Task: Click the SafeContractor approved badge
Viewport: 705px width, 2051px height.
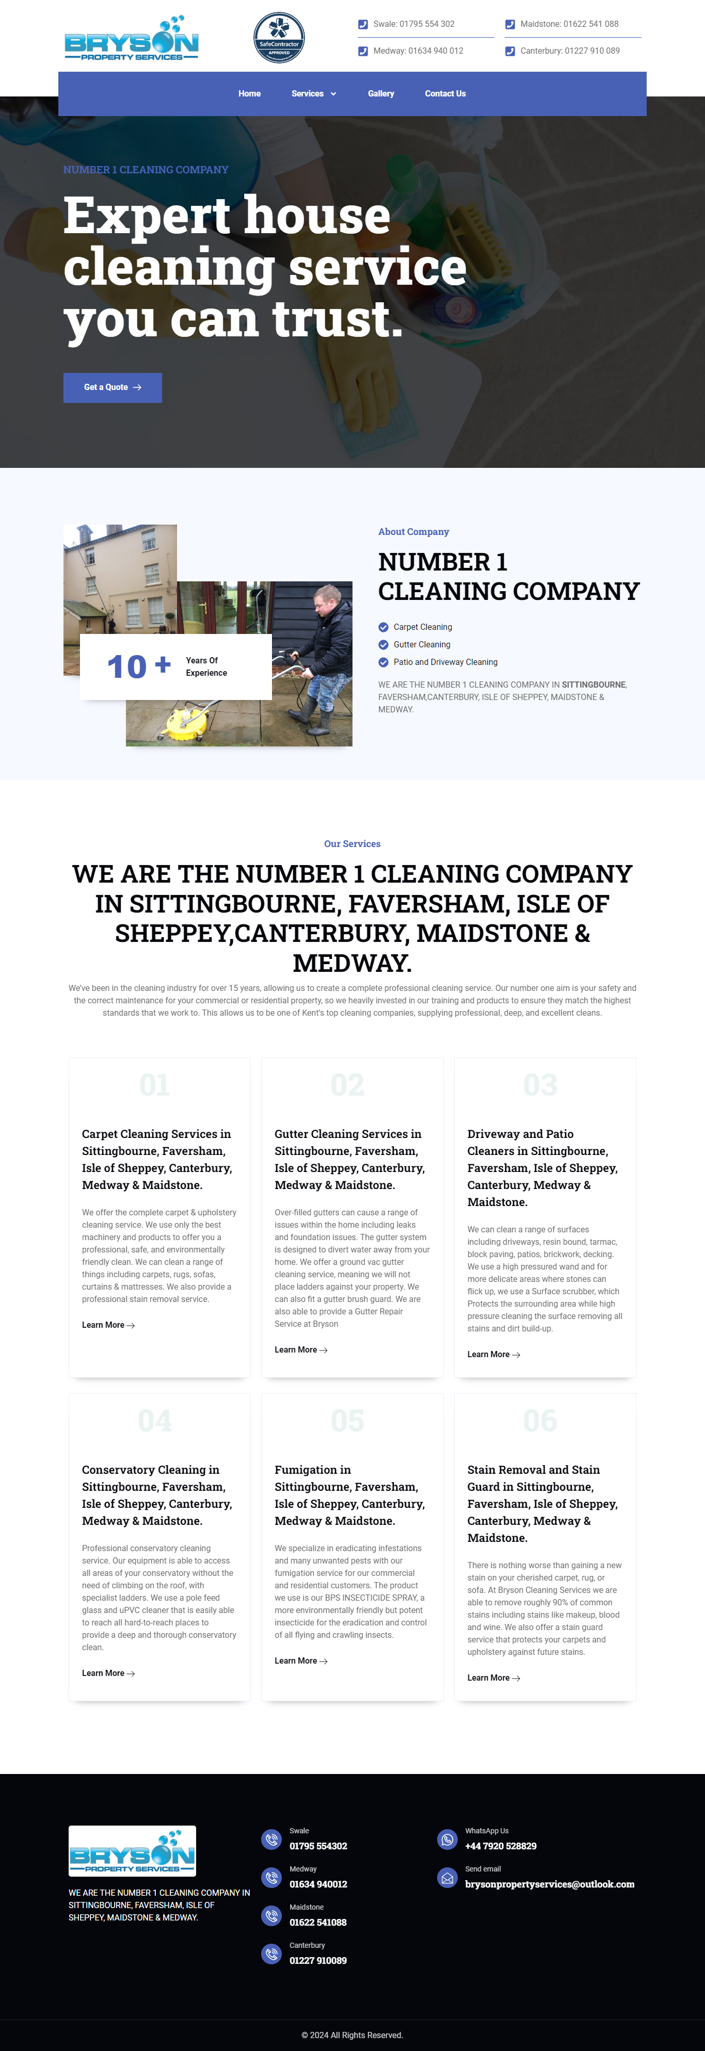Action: tap(279, 38)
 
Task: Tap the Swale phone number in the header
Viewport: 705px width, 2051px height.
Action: tap(413, 24)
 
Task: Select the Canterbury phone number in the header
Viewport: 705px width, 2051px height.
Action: tap(570, 51)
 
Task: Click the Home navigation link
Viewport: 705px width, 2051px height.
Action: tap(249, 94)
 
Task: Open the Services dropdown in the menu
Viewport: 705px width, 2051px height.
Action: tap(313, 94)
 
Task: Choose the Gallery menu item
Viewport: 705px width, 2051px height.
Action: tap(381, 94)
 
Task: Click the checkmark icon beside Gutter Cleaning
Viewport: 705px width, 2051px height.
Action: tap(383, 645)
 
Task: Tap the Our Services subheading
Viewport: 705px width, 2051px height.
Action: tap(352, 844)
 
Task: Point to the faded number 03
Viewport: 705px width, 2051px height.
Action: tap(539, 1085)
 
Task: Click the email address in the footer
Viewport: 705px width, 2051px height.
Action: tap(550, 1884)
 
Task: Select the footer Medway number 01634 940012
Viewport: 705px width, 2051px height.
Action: tap(318, 1884)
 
